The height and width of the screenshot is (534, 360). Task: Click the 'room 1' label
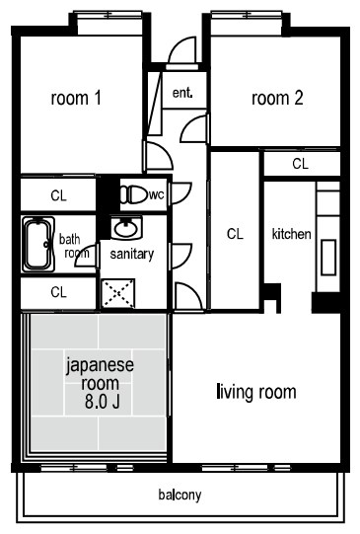(x=78, y=98)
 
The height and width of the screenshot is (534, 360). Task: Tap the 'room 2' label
(x=277, y=98)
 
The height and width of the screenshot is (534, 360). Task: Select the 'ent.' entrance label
(x=182, y=94)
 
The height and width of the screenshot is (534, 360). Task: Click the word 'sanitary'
(x=130, y=254)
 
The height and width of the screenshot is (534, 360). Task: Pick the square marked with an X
(x=119, y=292)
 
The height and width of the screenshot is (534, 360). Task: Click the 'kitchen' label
(x=292, y=235)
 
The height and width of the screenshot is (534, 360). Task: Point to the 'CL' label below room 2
(x=300, y=163)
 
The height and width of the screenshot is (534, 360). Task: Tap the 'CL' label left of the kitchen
(x=235, y=234)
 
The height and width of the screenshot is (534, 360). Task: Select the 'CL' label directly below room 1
(x=59, y=194)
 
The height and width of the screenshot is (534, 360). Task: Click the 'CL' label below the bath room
(x=59, y=292)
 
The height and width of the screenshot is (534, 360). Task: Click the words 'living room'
(x=255, y=393)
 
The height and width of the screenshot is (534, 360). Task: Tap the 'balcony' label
(x=180, y=495)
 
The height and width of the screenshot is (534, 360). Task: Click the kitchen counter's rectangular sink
(x=327, y=256)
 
